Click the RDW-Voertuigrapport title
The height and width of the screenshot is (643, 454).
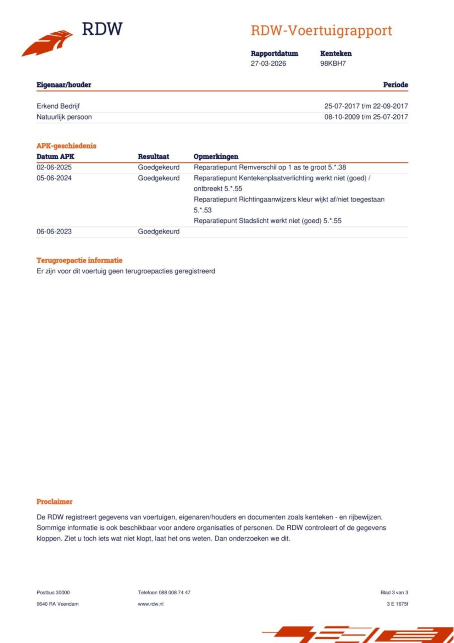point(321,31)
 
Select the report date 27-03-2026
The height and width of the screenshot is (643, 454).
point(268,64)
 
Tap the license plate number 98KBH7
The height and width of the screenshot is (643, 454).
point(333,64)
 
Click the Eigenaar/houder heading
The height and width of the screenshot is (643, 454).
point(64,85)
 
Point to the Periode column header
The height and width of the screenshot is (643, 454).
point(395,85)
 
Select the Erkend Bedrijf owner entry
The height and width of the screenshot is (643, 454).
point(58,106)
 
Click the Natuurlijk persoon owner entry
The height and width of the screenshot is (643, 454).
point(64,117)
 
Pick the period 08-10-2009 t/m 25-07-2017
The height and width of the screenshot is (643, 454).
point(366,117)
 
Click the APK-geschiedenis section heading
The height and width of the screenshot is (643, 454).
point(66,146)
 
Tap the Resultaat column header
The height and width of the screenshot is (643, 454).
point(153,156)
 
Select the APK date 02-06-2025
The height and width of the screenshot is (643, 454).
point(54,167)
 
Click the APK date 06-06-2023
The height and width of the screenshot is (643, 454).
point(54,231)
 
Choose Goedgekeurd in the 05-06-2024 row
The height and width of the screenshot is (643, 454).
point(159,178)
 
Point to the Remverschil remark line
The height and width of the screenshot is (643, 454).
point(270,167)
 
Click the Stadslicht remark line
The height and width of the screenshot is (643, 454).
point(267,221)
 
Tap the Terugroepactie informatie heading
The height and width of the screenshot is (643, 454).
point(79,260)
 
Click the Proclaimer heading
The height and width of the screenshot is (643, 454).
point(54,502)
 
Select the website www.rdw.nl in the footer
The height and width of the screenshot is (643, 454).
point(151,604)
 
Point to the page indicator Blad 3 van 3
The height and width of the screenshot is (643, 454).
point(394,593)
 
